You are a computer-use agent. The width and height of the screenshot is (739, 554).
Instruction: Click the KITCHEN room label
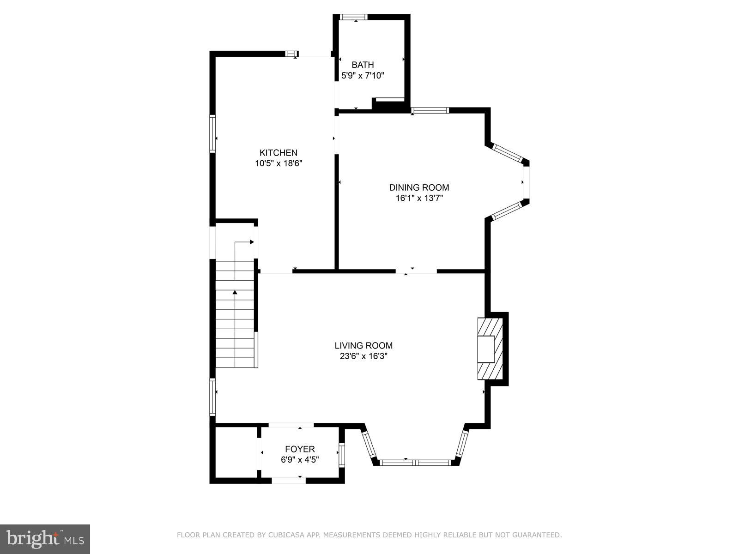[x=278, y=153]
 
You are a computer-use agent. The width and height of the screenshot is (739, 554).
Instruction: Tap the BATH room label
[x=363, y=65]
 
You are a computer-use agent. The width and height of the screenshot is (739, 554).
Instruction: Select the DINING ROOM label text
[x=419, y=187]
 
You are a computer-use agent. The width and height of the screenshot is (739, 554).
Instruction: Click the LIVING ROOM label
[x=363, y=345]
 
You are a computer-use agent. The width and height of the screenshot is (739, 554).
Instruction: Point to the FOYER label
[x=300, y=449]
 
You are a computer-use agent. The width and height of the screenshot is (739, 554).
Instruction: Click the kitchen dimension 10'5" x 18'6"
[x=278, y=163]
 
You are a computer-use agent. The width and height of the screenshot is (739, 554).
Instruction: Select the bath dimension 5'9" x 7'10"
[x=363, y=76]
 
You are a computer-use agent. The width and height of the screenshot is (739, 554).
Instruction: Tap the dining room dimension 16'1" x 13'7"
[x=419, y=198]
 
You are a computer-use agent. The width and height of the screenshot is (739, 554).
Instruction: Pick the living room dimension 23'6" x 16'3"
[x=363, y=356]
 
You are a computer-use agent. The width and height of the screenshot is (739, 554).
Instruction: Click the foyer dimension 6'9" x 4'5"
[x=300, y=460]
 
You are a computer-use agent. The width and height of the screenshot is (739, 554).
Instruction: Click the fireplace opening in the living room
[x=485, y=349]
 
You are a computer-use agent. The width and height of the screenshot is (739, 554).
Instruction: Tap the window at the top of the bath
[x=354, y=17]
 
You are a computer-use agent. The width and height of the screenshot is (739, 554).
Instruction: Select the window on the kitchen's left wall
[x=212, y=134]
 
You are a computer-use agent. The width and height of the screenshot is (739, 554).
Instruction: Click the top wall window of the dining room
[x=430, y=110]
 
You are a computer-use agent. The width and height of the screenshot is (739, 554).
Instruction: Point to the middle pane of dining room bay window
[x=526, y=182]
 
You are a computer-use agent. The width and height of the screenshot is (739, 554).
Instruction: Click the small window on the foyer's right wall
[x=342, y=455]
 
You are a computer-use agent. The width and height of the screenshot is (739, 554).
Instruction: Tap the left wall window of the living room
[x=212, y=397]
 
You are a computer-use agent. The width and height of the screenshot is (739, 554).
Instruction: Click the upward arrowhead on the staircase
[x=235, y=292]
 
